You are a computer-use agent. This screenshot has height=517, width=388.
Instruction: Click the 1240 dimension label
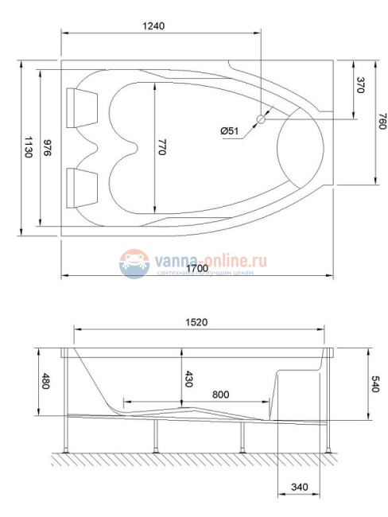tap(153, 25)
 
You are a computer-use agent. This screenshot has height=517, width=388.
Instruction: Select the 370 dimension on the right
tap(360, 86)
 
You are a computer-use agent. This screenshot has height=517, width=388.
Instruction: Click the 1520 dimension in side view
tap(197, 322)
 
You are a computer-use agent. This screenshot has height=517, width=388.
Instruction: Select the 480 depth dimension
tap(45, 382)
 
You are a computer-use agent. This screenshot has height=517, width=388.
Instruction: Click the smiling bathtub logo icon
tap(135, 262)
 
